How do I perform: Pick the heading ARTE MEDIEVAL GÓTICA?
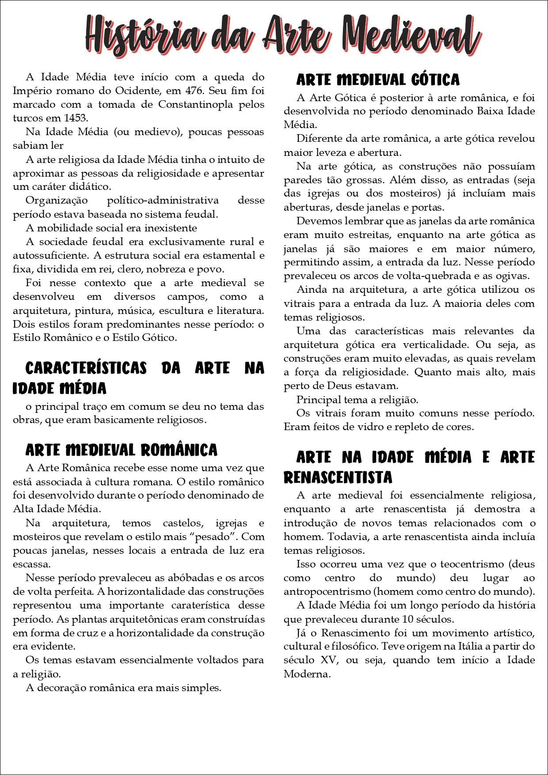coord(378,80)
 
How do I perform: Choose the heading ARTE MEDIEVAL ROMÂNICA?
coord(122,450)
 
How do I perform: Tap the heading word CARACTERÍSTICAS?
coord(86,368)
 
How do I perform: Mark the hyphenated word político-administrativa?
coord(163,200)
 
